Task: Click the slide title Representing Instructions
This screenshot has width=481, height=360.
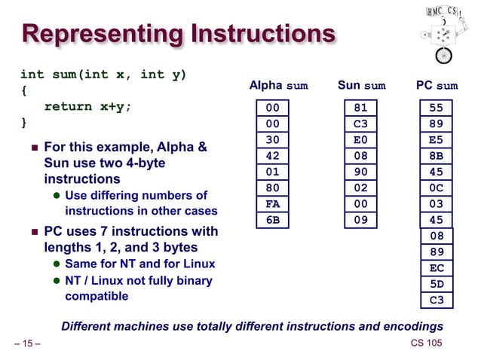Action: pyautogui.click(x=178, y=34)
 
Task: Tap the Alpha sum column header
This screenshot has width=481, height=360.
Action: pyautogui.click(x=278, y=86)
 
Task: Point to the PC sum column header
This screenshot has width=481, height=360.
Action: pyautogui.click(x=437, y=86)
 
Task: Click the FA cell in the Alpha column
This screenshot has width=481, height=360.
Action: pyautogui.click(x=272, y=204)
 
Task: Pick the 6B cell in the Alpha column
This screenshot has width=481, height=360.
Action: pyautogui.click(x=272, y=220)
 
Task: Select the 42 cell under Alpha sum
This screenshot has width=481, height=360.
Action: pyautogui.click(x=272, y=156)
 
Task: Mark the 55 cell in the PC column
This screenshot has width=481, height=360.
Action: pyautogui.click(x=437, y=108)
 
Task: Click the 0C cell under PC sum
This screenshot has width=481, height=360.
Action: pyautogui.click(x=437, y=188)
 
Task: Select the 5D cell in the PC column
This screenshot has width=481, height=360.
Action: pyautogui.click(x=437, y=285)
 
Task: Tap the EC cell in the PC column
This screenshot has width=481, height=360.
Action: pyautogui.click(x=437, y=268)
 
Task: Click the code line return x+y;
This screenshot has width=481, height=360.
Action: pyautogui.click(x=87, y=106)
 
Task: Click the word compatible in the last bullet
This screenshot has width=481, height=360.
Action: pyautogui.click(x=97, y=296)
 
